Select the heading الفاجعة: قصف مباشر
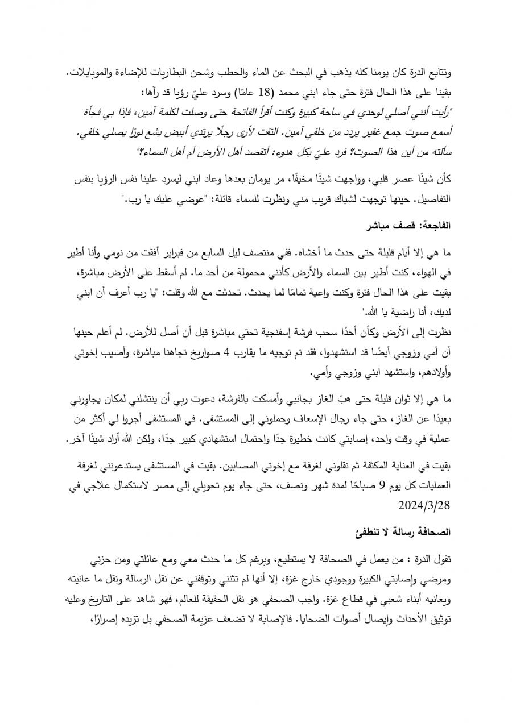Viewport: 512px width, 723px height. click(410, 226)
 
